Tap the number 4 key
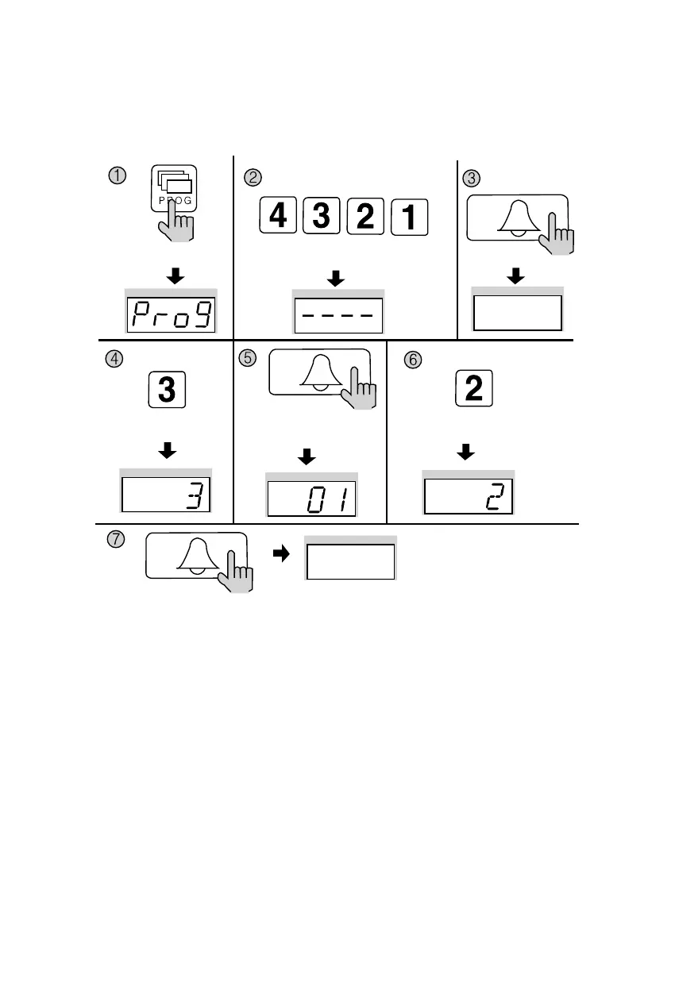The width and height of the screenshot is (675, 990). click(x=279, y=217)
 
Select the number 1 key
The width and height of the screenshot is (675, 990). click(x=407, y=218)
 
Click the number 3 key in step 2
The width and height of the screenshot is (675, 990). click(x=322, y=217)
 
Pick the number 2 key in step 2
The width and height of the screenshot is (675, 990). click(x=364, y=217)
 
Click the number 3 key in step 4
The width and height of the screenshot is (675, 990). click(x=167, y=390)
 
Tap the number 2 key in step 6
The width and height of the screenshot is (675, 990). click(x=473, y=390)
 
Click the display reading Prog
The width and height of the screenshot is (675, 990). click(x=172, y=315)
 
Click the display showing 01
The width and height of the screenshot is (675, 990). click(x=311, y=499)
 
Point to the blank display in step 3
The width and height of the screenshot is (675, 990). click(x=518, y=313)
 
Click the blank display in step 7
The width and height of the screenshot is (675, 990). click(x=351, y=562)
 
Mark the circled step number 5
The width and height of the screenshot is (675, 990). click(x=248, y=358)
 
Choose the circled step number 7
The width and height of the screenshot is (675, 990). click(x=116, y=539)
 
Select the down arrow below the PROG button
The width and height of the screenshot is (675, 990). click(x=175, y=276)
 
